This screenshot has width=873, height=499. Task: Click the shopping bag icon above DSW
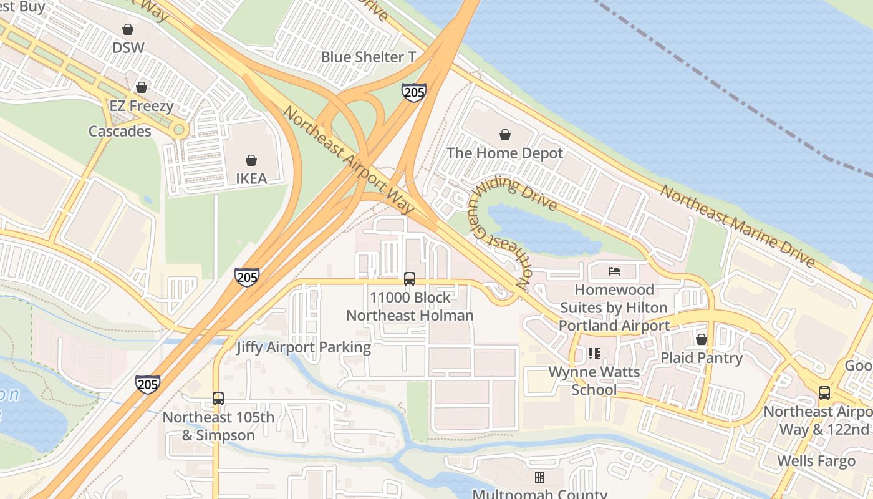coord(128,29)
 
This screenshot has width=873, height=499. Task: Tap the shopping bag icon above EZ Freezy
coord(142,87)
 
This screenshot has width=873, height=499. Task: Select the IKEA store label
coord(251,178)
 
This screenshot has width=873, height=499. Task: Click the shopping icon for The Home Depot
coord(504,135)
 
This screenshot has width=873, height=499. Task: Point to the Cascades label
coord(120,132)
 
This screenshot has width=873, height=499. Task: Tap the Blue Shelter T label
coord(368,57)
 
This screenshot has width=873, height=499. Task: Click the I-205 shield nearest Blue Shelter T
coord(413,92)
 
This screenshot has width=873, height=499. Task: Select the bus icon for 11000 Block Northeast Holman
coord(410,279)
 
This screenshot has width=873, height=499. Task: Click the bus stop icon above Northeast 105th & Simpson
coord(218,398)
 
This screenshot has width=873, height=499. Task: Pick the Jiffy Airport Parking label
coord(303,347)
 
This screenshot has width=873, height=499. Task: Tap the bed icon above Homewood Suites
coord(614,271)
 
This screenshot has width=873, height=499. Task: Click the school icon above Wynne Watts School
coord(594,354)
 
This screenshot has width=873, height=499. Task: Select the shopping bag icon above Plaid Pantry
coord(702,339)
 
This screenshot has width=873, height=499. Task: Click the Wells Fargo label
coord(816,462)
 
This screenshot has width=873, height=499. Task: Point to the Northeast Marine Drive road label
coord(738,226)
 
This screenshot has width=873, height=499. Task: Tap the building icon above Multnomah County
coord(539,477)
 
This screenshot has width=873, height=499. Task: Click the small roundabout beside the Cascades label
coord(180,130)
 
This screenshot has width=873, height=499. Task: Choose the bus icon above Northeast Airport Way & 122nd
coord(824,393)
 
